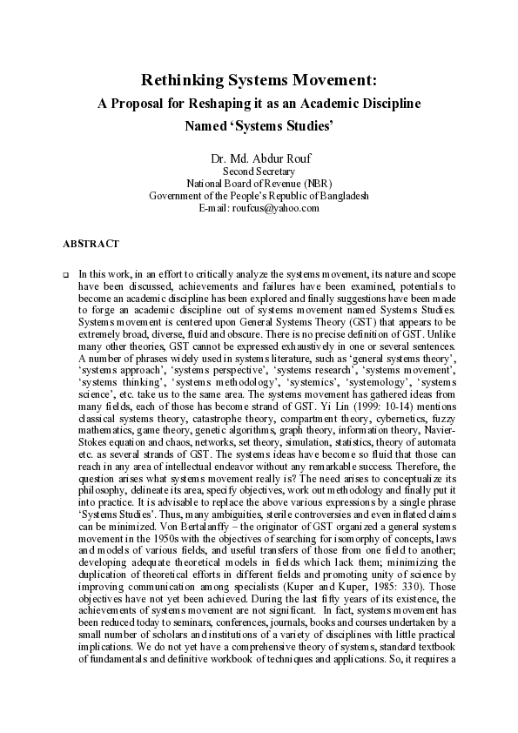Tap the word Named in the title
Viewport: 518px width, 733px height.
[206, 125]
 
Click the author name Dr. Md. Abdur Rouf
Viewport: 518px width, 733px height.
[259, 158]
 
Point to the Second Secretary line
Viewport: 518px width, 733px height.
[259, 171]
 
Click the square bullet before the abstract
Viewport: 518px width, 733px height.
[65, 273]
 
